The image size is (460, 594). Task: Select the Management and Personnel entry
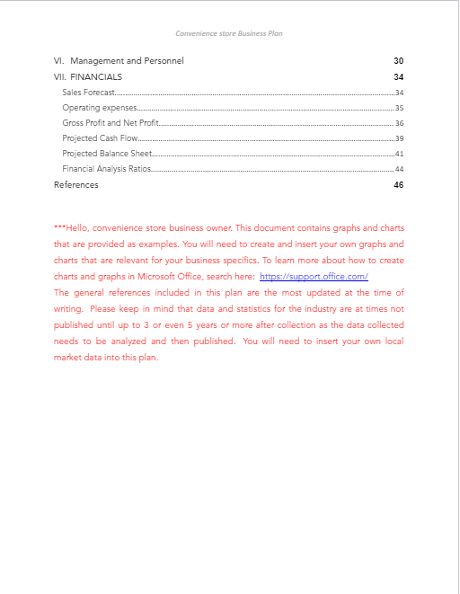coord(127,61)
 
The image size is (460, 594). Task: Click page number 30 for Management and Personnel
coord(398,61)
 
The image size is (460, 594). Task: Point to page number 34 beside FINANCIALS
coord(398,77)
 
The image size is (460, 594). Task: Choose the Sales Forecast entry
coord(88,93)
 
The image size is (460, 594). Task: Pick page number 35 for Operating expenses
coord(399,108)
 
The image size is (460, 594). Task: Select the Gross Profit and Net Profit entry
coord(111,123)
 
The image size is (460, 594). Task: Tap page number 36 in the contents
coord(399,123)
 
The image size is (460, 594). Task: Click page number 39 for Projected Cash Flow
coord(399,138)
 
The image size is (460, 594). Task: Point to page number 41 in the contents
coord(399,154)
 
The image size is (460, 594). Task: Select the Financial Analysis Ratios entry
coord(106,169)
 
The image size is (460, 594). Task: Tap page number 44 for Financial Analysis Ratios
coord(399,169)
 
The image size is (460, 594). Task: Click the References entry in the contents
coord(76,185)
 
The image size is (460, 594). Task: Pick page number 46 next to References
coord(398,185)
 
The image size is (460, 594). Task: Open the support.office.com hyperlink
coord(314,277)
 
